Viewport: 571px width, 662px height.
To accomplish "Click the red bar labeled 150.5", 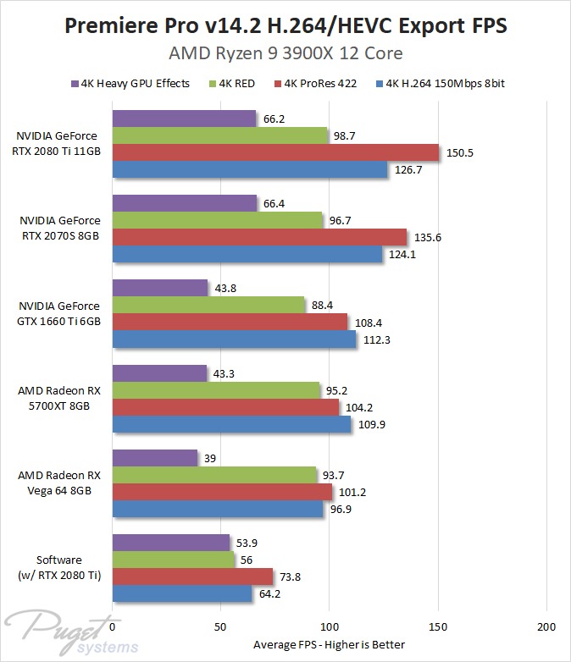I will (x=275, y=152).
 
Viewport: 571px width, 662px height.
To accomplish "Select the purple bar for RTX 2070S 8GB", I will (x=184, y=203).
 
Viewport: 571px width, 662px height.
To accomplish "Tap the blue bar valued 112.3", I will (x=234, y=339).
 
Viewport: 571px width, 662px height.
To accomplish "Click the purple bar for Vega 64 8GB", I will (x=154, y=458).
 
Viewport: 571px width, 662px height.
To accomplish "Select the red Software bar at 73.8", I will (x=192, y=576).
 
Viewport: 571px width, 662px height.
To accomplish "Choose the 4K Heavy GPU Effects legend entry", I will (x=130, y=84).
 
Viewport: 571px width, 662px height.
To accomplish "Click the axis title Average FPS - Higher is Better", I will (x=330, y=644).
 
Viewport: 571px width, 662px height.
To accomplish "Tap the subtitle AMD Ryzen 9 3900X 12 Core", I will (x=285, y=55).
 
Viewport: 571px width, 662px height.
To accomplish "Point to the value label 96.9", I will (x=342, y=510).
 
